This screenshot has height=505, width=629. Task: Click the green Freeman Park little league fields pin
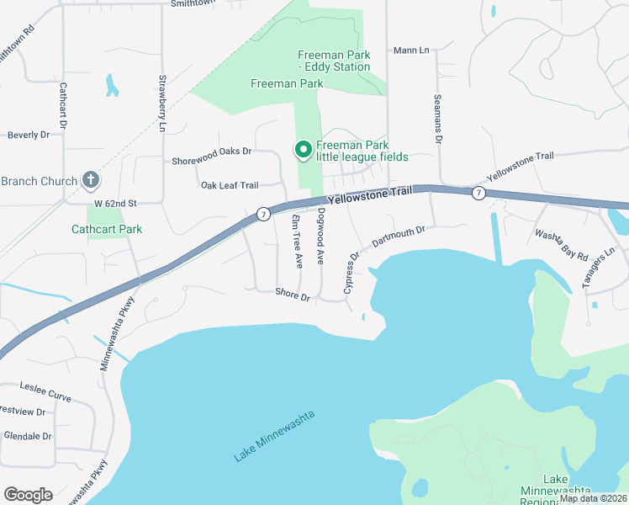pos(304,150)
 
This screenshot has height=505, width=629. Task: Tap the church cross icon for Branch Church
pos(92,180)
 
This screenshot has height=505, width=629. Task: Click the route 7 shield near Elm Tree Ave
pos(263,214)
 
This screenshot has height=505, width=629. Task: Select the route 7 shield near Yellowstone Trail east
pos(478,193)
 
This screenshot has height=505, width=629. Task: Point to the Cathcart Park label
pos(107,229)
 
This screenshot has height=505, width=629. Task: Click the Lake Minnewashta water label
pos(275,436)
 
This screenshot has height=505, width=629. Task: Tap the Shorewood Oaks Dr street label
pos(212,161)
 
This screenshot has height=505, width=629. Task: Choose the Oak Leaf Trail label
pos(229,185)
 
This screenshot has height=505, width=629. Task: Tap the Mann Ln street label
pos(411,50)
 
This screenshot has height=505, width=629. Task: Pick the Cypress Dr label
pos(351,272)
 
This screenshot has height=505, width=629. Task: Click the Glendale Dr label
pos(28,436)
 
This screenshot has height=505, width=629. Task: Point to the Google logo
pos(28,494)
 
